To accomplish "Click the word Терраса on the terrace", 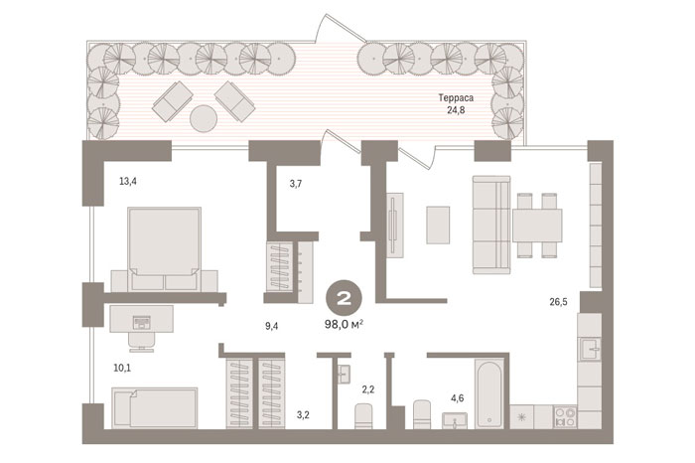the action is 456,97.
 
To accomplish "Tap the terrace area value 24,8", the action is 456,110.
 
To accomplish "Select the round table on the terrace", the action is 204,118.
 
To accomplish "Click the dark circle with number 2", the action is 345,298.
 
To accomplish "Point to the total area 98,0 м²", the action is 345,325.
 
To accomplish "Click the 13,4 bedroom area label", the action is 128,181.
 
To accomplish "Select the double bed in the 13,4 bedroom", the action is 165,248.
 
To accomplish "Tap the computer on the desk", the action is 141,323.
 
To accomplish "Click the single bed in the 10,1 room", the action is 155,408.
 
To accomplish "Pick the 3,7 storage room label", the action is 296,184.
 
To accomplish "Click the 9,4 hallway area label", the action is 272,327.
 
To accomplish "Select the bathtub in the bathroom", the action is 489,393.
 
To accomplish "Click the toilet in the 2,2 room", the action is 364,416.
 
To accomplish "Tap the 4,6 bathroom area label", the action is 458,398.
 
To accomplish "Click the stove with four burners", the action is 565,417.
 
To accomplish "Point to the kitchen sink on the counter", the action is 590,349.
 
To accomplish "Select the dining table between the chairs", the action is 537,225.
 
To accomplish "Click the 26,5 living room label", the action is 558,302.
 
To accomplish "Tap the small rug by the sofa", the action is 438,225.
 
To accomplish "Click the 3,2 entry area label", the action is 303,415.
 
